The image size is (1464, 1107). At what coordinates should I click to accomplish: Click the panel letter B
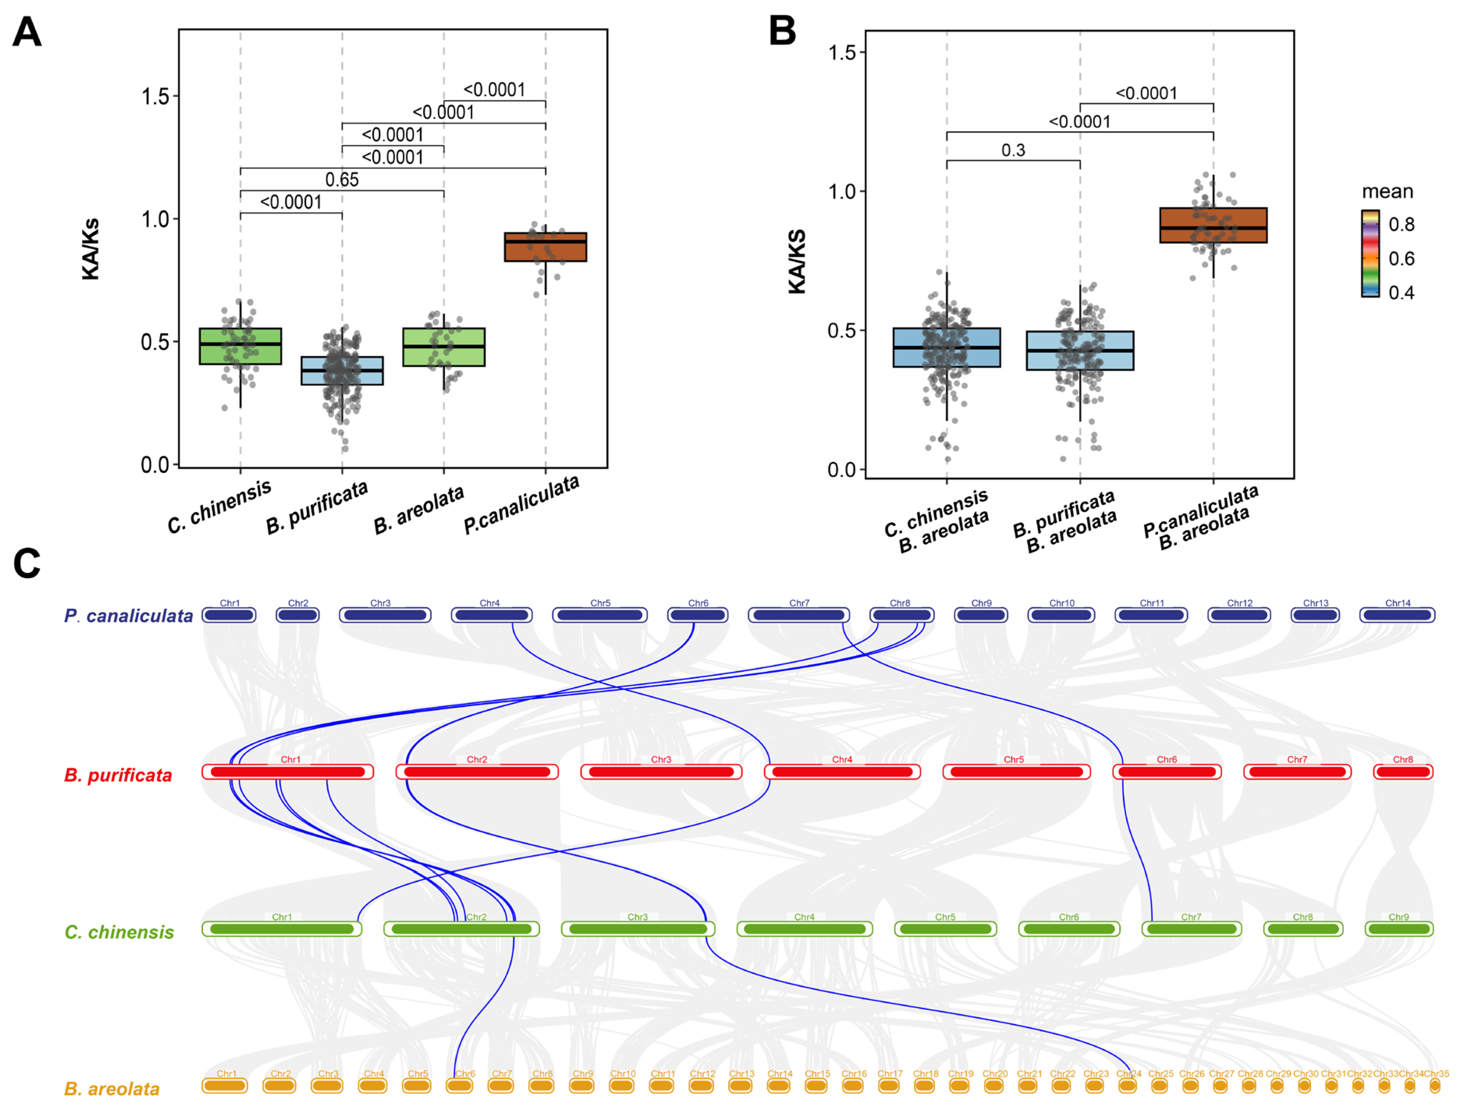(x=782, y=32)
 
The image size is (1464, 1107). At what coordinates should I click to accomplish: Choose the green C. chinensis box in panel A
(x=240, y=346)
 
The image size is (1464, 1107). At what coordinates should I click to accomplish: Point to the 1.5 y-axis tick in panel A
(x=156, y=97)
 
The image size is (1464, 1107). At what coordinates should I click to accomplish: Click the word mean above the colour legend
(x=1387, y=192)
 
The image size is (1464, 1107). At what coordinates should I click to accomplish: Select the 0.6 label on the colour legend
(x=1401, y=259)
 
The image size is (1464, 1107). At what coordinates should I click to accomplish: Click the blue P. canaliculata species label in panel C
(x=128, y=616)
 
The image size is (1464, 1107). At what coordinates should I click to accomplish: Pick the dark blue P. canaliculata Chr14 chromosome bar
(x=1397, y=615)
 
